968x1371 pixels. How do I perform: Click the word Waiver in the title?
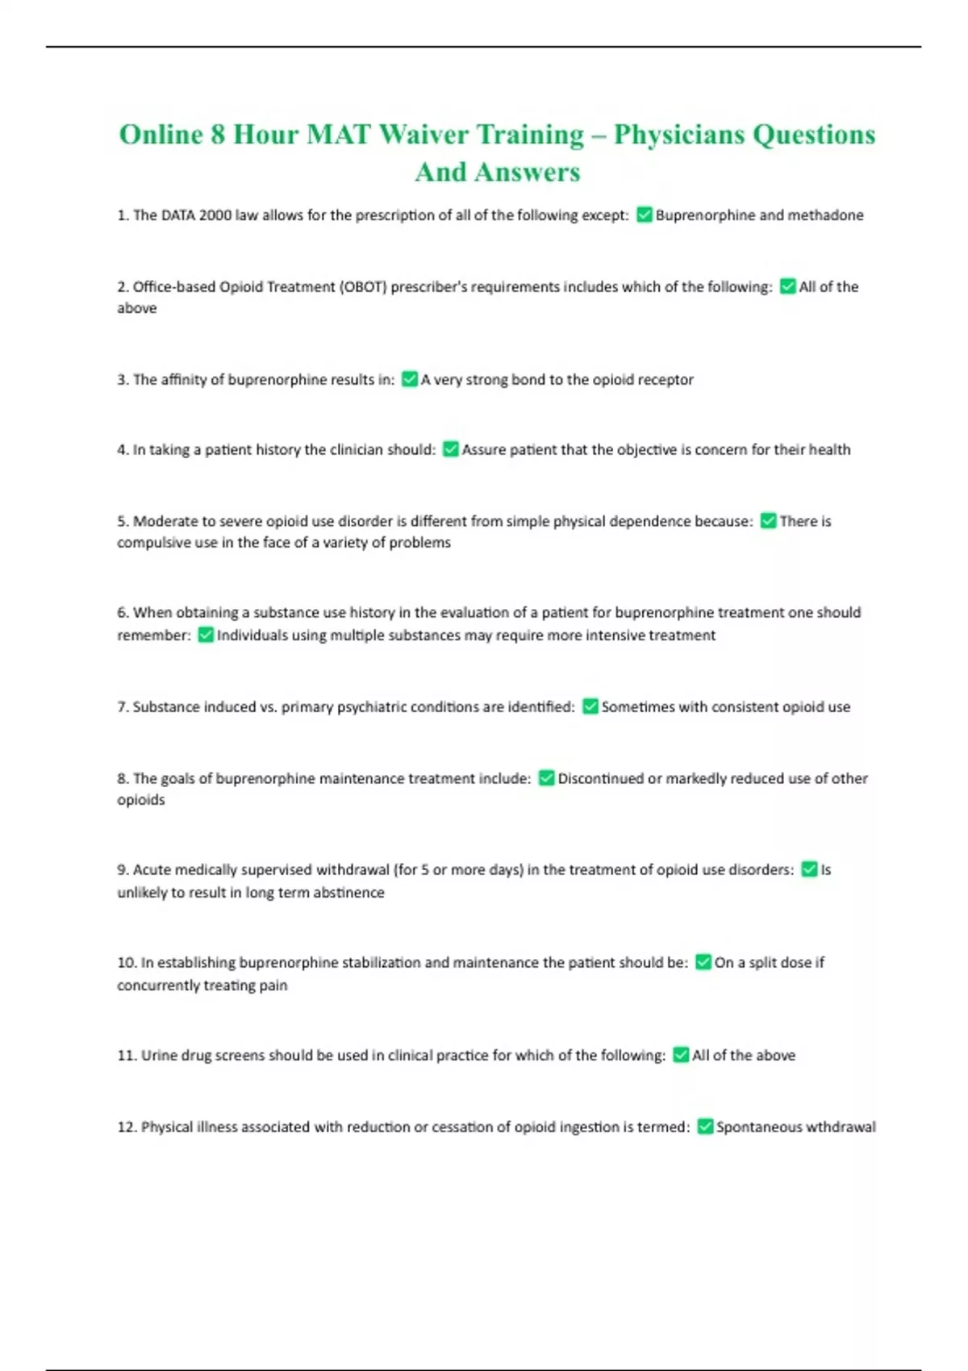tap(423, 134)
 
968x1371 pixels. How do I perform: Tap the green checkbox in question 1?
tap(644, 215)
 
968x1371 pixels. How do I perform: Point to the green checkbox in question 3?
tap(409, 379)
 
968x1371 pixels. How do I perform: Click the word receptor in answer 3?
tap(665, 380)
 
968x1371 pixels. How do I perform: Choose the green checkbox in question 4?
tap(450, 449)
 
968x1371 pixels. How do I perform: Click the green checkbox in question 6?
tap(205, 635)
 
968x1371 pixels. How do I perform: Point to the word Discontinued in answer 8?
tap(600, 778)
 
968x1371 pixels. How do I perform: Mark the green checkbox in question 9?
tap(809, 869)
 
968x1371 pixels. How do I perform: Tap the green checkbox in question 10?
tap(703, 962)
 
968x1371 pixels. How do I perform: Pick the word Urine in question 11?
tap(159, 1056)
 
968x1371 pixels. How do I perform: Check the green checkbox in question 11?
tap(681, 1055)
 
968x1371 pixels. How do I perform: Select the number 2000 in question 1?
tap(215, 215)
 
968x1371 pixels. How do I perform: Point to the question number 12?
tap(127, 1127)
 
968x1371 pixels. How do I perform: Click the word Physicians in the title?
tap(679, 134)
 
